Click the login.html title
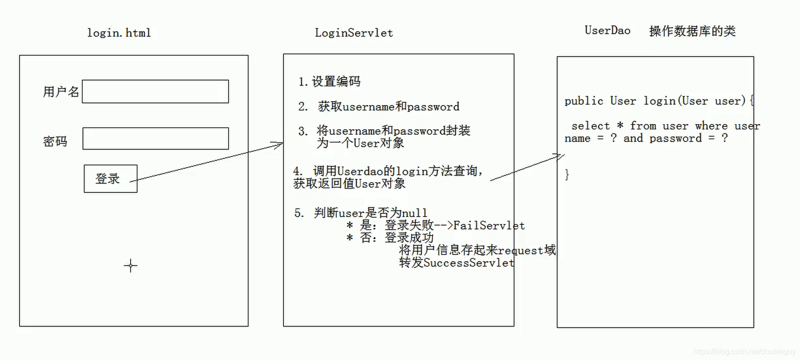(x=119, y=33)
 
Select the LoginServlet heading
(x=354, y=33)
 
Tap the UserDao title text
(x=607, y=31)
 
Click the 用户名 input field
(x=155, y=92)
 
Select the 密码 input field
(x=155, y=138)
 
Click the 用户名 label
(x=61, y=92)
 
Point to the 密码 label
(x=55, y=141)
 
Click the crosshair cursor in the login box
(x=131, y=266)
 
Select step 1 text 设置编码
(x=335, y=82)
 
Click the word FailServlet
(x=489, y=226)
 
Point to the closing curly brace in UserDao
(x=567, y=175)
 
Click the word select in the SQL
(x=590, y=126)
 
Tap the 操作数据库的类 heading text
(x=692, y=31)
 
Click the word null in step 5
(x=414, y=213)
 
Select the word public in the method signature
(x=584, y=101)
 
